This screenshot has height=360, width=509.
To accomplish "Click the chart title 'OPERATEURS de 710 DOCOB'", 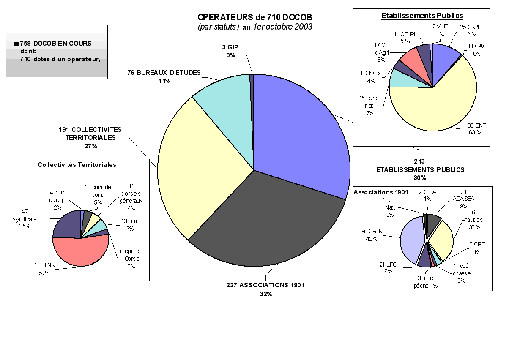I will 255,17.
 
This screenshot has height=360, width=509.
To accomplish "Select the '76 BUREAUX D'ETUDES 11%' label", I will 164,76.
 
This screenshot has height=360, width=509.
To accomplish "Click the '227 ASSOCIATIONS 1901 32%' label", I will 265,289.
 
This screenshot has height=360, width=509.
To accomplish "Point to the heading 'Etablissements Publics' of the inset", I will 422,16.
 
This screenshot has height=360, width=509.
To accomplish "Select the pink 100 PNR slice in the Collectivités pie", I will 80,251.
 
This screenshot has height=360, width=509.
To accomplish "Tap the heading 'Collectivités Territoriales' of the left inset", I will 77,165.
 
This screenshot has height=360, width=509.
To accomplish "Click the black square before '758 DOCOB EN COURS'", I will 16,44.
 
